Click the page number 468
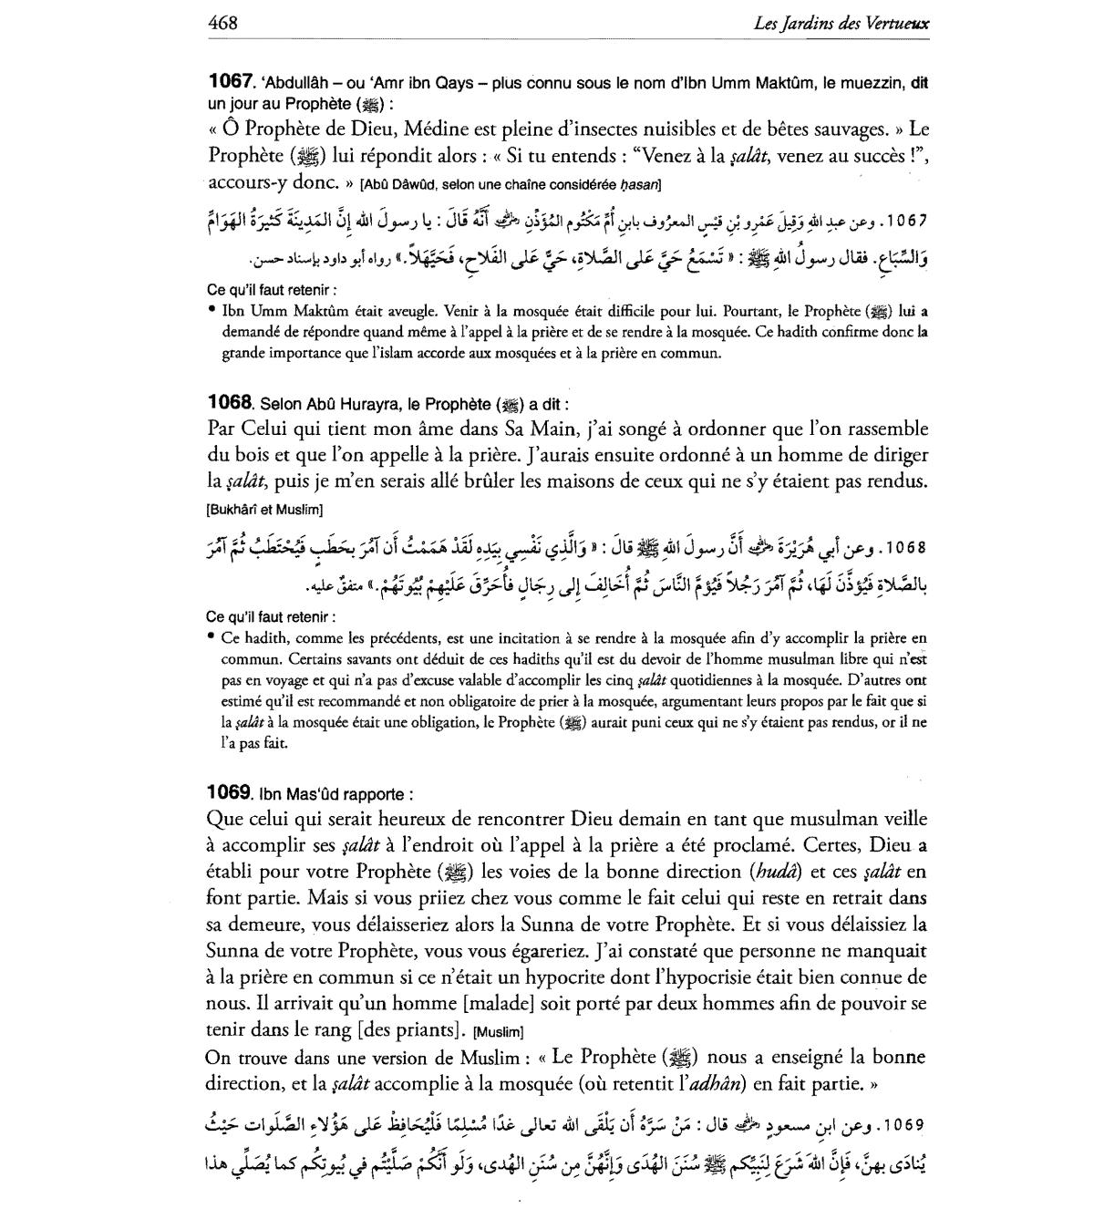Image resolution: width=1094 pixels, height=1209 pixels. [222, 23]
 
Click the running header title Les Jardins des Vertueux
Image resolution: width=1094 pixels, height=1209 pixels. [841, 24]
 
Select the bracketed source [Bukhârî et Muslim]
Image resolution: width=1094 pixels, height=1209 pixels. [264, 508]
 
